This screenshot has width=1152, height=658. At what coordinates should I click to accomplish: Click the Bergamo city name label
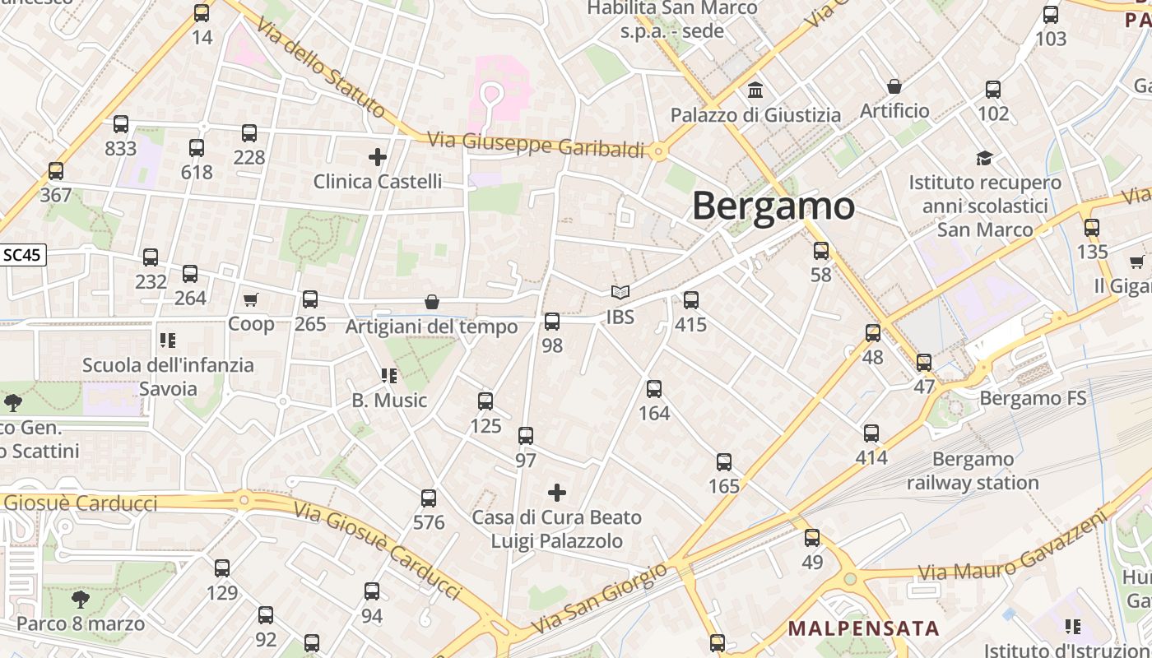(773, 206)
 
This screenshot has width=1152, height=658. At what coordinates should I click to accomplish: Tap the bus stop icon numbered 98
(552, 322)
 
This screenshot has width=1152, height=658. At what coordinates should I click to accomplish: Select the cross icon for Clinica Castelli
(378, 156)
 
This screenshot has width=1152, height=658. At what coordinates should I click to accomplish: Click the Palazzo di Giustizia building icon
(755, 90)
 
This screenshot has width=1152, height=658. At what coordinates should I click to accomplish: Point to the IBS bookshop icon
(620, 292)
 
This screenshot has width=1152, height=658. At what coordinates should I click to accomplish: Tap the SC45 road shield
(22, 255)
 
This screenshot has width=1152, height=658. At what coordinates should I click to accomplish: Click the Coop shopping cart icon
(250, 300)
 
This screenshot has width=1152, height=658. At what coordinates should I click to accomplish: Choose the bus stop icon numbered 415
(691, 300)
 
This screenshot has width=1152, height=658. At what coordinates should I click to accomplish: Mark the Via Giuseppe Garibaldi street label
(536, 145)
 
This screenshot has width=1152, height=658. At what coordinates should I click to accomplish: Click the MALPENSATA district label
(863, 629)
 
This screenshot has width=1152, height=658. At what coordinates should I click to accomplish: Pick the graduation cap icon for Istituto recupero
(984, 158)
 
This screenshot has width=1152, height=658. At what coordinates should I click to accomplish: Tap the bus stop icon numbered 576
(429, 498)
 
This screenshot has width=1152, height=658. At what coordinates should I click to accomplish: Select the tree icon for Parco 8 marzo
(80, 599)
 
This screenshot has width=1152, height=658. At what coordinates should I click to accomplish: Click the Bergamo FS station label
(1033, 399)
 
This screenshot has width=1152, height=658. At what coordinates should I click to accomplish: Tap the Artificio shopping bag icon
(894, 86)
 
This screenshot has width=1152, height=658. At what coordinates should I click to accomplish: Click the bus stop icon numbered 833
(121, 124)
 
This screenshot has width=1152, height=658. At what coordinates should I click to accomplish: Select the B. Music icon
(389, 376)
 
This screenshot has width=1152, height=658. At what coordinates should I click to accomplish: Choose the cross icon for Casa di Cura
(557, 493)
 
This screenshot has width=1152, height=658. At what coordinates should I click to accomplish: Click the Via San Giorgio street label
(598, 598)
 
